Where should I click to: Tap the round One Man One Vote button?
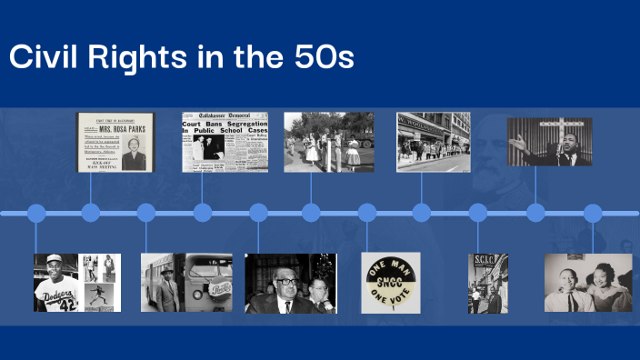tap(391, 283)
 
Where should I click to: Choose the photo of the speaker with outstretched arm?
tap(549, 142)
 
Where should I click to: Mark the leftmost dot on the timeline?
tap(36, 214)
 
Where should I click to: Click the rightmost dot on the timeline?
tap(593, 214)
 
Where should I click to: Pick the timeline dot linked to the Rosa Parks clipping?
tap(91, 214)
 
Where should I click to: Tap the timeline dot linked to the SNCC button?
tap(367, 214)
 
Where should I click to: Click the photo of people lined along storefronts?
tap(434, 142)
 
